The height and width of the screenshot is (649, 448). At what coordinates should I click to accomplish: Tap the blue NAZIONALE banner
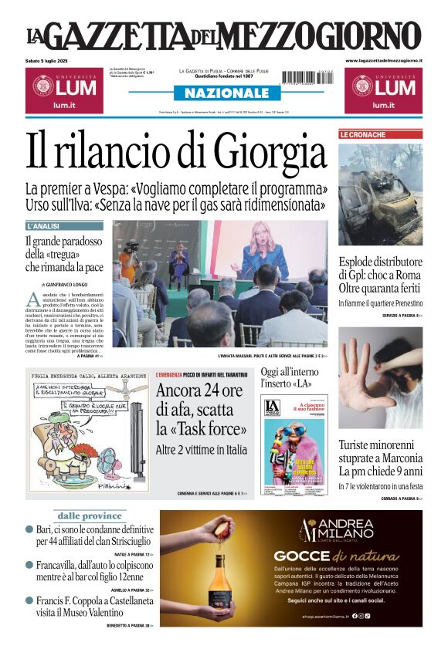coord(222,93)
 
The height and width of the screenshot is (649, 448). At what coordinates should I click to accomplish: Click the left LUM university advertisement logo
coord(63,90)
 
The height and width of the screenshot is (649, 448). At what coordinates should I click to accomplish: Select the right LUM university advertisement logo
coord(383,90)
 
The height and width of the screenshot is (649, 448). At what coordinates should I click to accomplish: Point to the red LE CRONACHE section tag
coord(362,135)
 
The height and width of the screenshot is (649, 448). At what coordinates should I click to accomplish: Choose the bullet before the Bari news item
coord(29,529)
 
